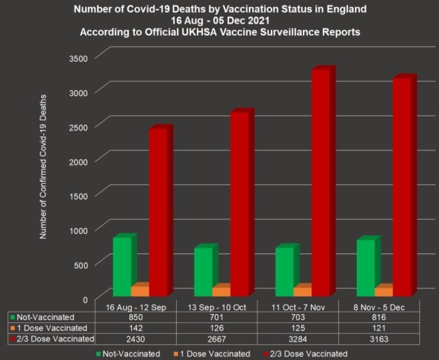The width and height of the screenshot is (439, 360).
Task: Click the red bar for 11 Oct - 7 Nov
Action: [x=320, y=182]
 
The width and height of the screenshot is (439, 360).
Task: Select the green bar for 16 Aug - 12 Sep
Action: [x=122, y=266]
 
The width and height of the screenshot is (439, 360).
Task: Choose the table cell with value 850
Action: [x=135, y=317]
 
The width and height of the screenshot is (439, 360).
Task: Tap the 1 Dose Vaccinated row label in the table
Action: [x=50, y=328]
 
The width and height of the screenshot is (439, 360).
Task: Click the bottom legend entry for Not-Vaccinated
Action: [x=128, y=354]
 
